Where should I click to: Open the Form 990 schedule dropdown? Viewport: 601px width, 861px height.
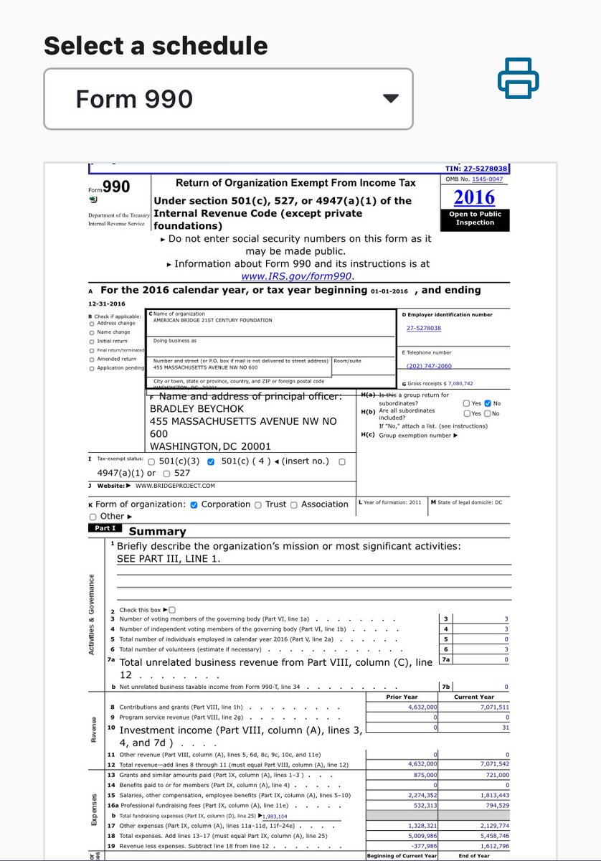coord(228,98)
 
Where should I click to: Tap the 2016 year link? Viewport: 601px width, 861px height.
coord(474,197)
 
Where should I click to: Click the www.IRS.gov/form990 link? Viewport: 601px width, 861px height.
coord(298,276)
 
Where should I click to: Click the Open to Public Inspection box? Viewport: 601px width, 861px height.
coord(475,218)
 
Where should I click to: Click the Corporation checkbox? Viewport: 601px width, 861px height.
coord(194,504)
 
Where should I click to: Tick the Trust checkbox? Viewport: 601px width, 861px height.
coord(258,504)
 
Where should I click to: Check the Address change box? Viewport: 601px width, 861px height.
coord(91,324)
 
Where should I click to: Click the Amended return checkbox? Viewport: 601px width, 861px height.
coord(91,359)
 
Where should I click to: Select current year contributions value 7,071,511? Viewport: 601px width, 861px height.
coord(492,707)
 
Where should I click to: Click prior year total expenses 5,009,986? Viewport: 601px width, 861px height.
coord(419,836)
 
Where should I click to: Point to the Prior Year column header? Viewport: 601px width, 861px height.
coord(402,697)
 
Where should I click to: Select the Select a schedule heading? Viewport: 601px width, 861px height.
coord(156,46)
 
